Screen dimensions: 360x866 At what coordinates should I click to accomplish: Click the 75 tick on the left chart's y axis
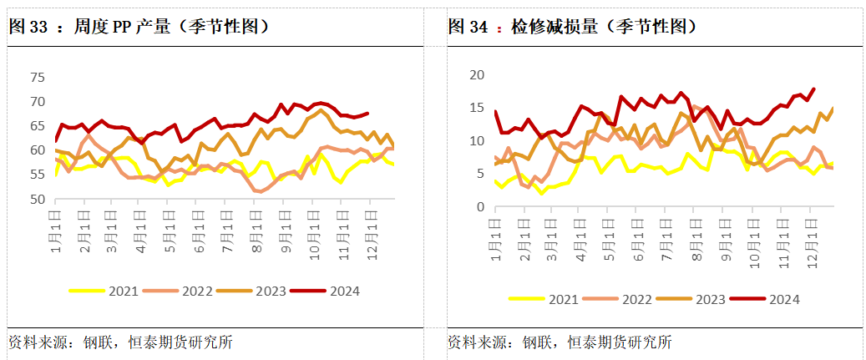coord(36,77)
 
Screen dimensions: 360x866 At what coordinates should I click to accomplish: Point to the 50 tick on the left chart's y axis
coord(36,200)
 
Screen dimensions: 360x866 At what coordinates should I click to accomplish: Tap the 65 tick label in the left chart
coord(36,126)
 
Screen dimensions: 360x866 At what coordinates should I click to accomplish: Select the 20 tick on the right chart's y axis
coord(477,74)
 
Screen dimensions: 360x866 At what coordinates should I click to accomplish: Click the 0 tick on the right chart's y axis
coord(480,206)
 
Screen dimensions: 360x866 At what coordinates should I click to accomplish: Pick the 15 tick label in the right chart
coord(477,108)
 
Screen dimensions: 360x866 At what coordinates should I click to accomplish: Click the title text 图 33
coord(28,26)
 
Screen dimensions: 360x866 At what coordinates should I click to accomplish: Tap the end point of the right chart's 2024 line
coord(813,89)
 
